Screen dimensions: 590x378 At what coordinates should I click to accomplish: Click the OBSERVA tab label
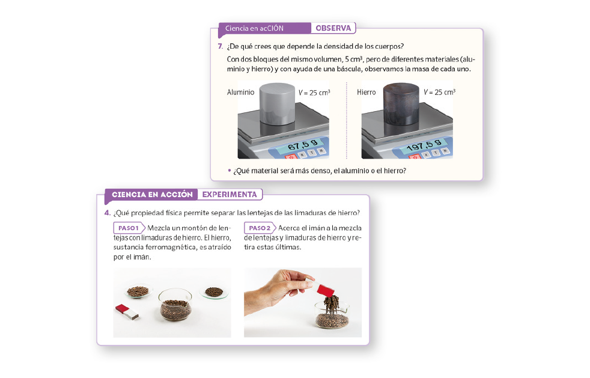333,28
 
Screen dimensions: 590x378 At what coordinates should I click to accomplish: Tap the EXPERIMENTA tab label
230,195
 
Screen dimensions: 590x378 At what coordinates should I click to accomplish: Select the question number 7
220,46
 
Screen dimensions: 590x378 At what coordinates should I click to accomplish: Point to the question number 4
107,213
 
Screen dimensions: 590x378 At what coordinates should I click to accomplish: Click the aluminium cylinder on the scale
277,104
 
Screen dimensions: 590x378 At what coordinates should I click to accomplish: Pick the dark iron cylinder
401,104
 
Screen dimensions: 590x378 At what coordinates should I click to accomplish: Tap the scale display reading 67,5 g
303,144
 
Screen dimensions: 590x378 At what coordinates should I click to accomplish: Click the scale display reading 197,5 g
424,145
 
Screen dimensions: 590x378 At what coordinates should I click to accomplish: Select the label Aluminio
240,92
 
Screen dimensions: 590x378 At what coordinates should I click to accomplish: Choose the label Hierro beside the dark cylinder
366,92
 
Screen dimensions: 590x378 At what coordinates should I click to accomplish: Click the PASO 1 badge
129,228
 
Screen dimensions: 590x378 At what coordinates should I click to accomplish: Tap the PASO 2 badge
260,228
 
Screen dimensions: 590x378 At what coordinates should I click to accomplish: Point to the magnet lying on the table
127,312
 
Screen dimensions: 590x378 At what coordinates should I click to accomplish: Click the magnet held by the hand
322,288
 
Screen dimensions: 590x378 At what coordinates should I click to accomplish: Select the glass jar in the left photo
175,304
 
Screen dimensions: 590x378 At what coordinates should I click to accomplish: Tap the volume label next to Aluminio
314,92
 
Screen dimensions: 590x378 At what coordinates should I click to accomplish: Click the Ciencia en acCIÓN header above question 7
254,28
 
